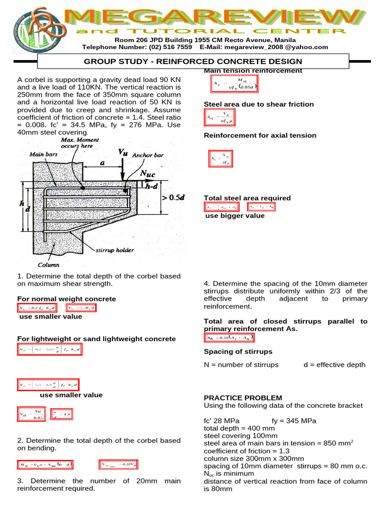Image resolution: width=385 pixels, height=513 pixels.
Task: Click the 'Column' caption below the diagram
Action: [49, 265]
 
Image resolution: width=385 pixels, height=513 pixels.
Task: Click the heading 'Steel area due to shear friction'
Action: [259, 104]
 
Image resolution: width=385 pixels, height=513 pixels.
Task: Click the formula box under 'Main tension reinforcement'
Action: [234, 86]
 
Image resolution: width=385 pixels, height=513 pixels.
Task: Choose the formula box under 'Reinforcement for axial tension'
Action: [221, 159]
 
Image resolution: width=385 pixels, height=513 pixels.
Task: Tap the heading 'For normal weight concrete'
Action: [67, 299]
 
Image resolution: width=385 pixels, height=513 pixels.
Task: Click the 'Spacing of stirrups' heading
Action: [238, 351]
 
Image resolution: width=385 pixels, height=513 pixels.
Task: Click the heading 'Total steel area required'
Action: [247, 198]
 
